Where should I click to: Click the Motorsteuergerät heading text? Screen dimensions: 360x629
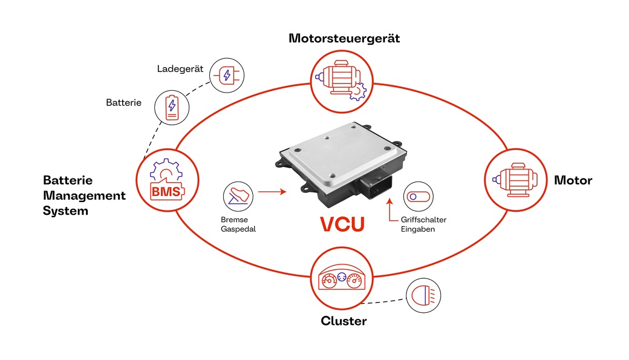344,39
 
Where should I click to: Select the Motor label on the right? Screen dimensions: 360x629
573,180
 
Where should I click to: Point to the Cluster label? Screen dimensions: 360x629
344,321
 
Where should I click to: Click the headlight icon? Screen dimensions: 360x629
424,296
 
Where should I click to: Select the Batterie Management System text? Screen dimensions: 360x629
84,195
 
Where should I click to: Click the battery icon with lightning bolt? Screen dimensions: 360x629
172,108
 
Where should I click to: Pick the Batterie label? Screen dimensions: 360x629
124,103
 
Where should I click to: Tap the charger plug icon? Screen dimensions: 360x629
227,76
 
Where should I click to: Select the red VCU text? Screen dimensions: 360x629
342,224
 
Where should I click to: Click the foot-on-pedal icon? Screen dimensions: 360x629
239,195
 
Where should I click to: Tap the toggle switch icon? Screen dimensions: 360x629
418,197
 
